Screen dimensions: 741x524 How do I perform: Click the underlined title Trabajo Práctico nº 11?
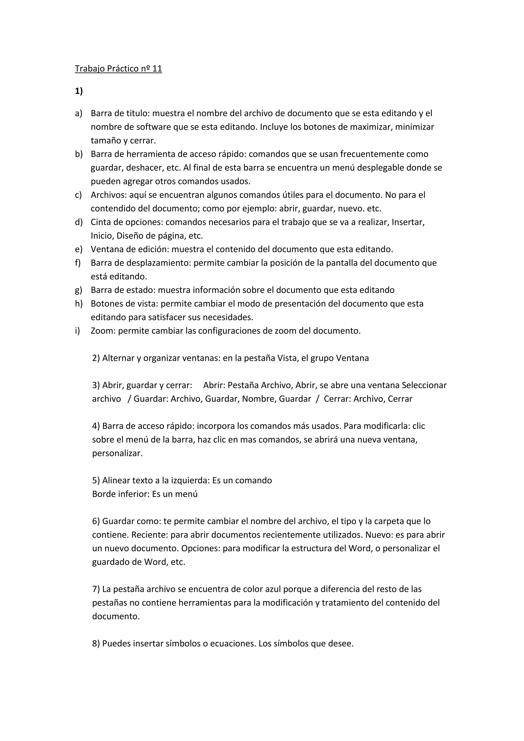[118, 69]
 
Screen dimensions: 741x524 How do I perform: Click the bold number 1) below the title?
[79, 91]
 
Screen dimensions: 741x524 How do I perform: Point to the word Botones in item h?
[106, 304]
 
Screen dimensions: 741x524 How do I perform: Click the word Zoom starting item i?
[103, 331]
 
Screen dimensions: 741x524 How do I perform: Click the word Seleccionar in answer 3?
[424, 385]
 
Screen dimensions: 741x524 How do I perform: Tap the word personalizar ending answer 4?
[117, 453]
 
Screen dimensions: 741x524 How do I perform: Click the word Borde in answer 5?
[104, 494]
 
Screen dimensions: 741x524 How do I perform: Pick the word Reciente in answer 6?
[149, 535]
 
